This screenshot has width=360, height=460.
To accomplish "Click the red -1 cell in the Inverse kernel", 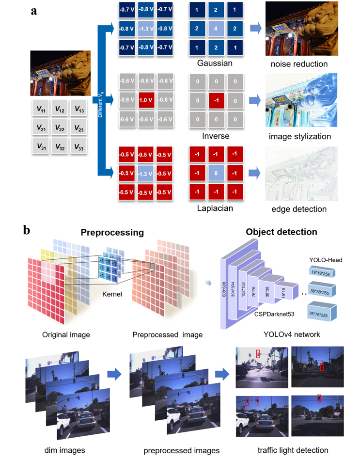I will pyautogui.click(x=216, y=100).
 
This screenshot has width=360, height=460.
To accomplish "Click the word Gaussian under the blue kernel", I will pyautogui.click(x=215, y=63).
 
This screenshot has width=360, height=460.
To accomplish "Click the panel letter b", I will pyautogui.click(x=28, y=229).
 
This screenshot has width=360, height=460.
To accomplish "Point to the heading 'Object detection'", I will pyautogui.click(x=282, y=232).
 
